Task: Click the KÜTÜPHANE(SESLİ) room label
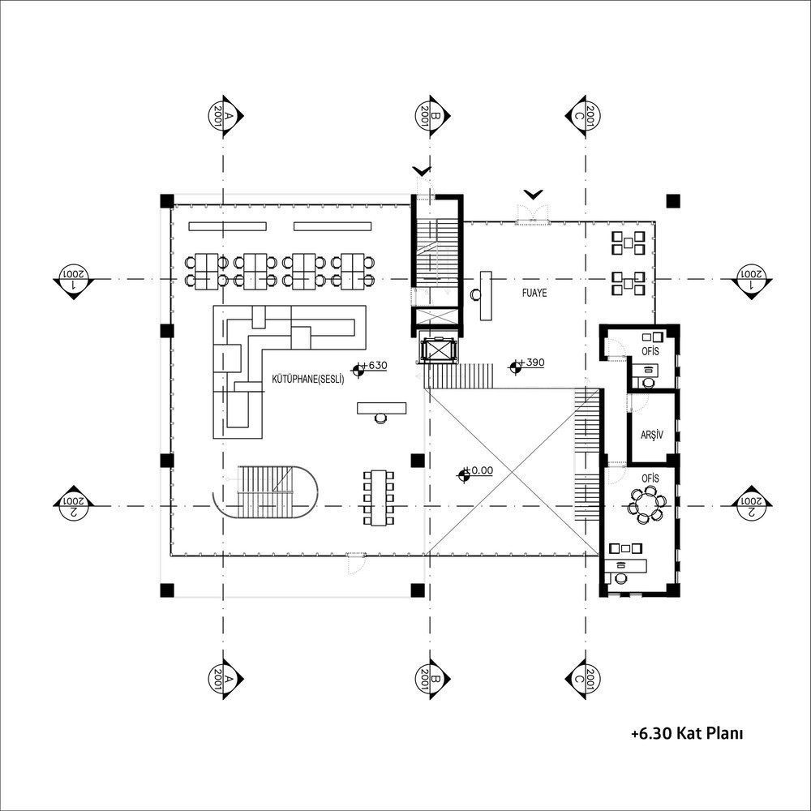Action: (x=308, y=379)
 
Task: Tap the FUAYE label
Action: (x=534, y=293)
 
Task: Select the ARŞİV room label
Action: (x=652, y=435)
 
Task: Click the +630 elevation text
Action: (x=375, y=365)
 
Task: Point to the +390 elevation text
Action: (x=532, y=362)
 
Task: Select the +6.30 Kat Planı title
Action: (x=687, y=733)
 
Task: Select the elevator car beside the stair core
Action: (x=439, y=349)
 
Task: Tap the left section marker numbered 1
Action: (x=74, y=281)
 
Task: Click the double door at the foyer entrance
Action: (x=533, y=213)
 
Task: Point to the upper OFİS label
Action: (x=650, y=351)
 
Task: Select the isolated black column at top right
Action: (x=672, y=200)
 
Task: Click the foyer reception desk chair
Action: (x=474, y=294)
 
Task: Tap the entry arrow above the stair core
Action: (x=422, y=170)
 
